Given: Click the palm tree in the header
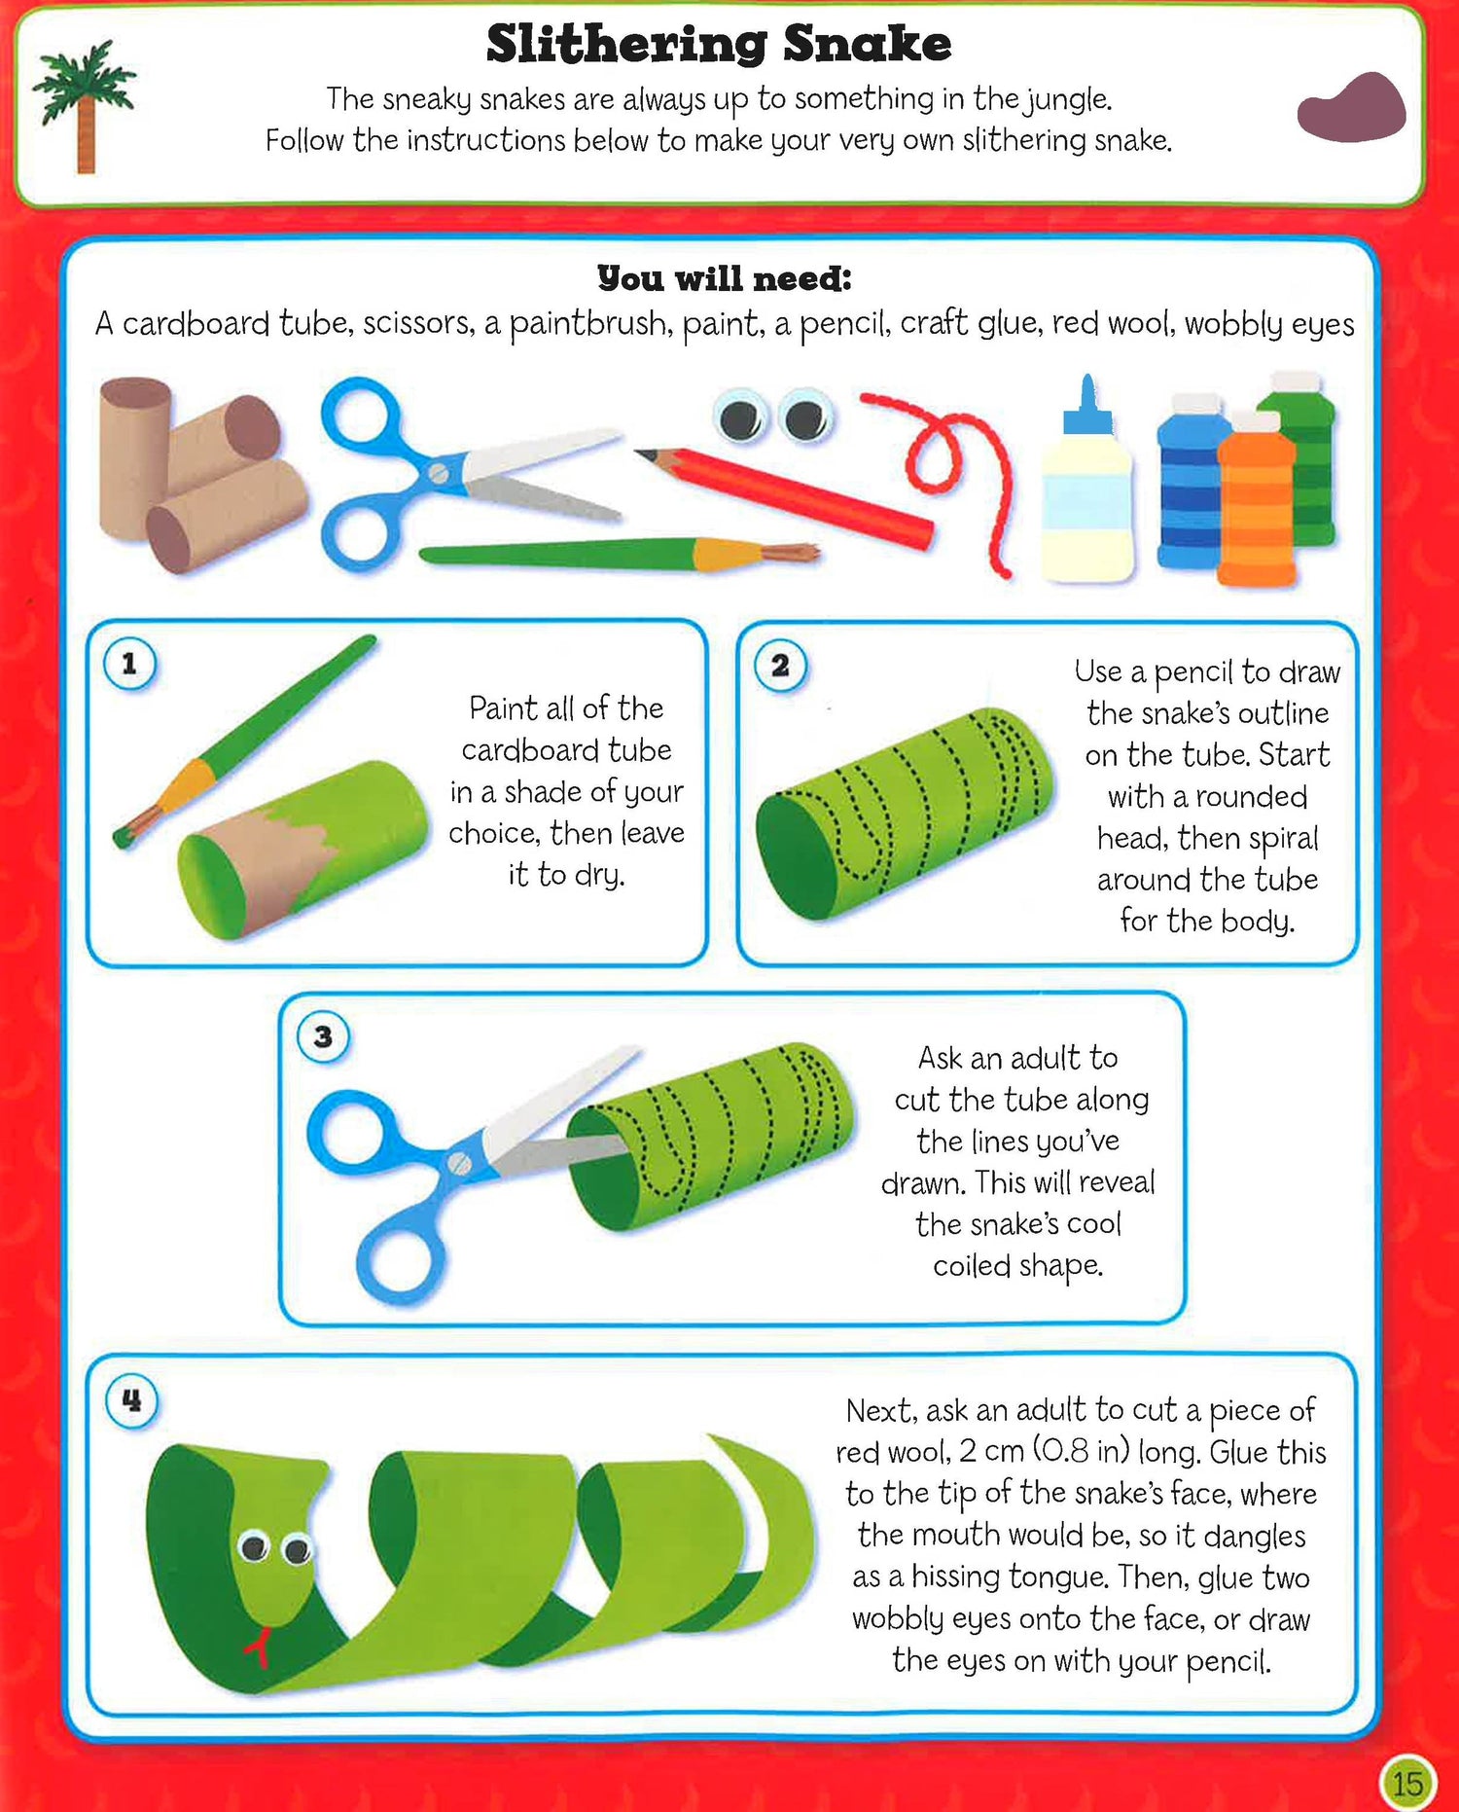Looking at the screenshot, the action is [x=85, y=107].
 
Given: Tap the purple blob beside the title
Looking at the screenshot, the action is [x=1352, y=108].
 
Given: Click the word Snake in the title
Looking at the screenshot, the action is [x=867, y=44].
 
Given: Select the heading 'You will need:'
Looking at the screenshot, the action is [x=725, y=279].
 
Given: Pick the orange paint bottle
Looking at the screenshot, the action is [x=1257, y=498].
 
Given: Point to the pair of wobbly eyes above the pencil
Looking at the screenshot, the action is [x=773, y=417].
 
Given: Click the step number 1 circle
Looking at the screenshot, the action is [x=129, y=665].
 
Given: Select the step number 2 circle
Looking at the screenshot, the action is [x=780, y=667].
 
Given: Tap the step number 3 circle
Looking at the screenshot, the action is [x=323, y=1037].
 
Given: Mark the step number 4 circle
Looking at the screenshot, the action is [x=131, y=1401].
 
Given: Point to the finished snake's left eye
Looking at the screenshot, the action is [x=254, y=1545].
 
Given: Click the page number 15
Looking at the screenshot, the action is [x=1407, y=1783].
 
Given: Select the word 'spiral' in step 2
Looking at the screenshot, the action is [x=1284, y=839].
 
